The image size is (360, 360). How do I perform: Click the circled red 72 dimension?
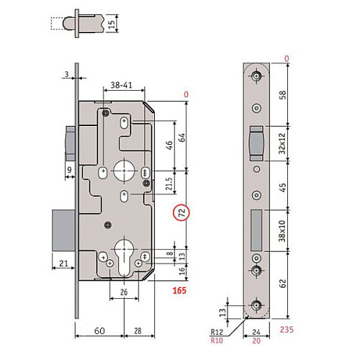pyautogui.click(x=182, y=214)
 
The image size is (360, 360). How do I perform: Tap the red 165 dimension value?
pyautogui.click(x=180, y=291)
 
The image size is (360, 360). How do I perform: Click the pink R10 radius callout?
pyautogui.click(x=216, y=341)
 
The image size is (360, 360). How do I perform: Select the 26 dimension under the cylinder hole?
pyautogui.click(x=125, y=292)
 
